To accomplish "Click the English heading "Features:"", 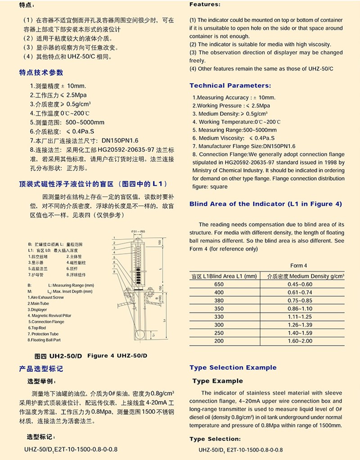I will point(205,5).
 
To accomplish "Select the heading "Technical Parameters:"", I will point(230,86).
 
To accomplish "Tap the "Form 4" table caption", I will point(298,266).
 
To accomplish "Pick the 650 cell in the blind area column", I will point(219,284).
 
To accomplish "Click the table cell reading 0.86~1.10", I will point(300,310).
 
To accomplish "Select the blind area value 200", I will point(219,341).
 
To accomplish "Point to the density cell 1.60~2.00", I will point(300,341).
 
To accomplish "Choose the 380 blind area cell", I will point(219,301).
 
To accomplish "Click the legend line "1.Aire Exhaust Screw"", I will point(46,298).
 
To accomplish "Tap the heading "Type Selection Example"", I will point(233,368).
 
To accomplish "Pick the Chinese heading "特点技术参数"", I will point(41,72).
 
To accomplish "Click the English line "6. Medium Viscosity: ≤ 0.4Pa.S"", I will point(234,138).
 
